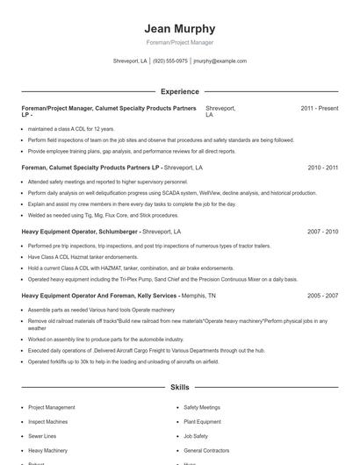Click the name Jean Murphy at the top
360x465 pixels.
[179, 29]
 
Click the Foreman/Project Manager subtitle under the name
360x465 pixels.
[179, 42]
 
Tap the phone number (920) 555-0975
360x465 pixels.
[170, 61]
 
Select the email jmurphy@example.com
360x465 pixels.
[220, 61]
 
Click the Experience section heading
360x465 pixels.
[179, 91]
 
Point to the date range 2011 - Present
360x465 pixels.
[319, 108]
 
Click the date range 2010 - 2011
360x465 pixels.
[322, 167]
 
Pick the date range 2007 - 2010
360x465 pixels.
[322, 232]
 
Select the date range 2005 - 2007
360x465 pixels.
[322, 297]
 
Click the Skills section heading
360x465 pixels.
[179, 387]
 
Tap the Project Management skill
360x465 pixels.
[51, 408]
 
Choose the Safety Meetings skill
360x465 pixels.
[202, 408]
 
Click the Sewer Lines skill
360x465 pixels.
[42, 436]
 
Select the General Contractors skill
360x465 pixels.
[206, 450]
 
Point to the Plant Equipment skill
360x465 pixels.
[202, 422]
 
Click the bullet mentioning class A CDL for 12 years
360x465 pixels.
[71, 129]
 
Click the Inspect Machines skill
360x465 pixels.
[47, 422]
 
